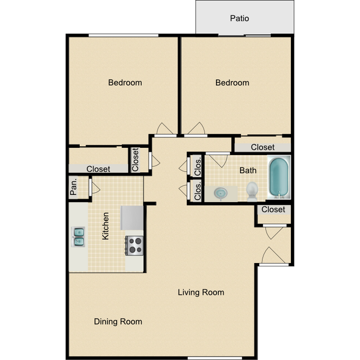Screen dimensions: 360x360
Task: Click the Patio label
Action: click(239, 18)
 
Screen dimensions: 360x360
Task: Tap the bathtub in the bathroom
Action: click(278, 178)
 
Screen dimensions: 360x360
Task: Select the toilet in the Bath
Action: click(252, 191)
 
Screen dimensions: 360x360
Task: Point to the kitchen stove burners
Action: click(135, 245)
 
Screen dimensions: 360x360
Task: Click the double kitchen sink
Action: click(79, 236)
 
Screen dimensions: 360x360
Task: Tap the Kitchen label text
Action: click(105, 226)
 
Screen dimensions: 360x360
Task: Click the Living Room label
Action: click(200, 292)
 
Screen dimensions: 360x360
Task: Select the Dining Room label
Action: click(117, 321)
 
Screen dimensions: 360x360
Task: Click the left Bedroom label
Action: click(125, 83)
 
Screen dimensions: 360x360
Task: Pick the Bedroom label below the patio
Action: click(232, 83)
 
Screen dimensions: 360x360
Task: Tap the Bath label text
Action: click(248, 171)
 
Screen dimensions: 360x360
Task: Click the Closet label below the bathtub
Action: click(273, 209)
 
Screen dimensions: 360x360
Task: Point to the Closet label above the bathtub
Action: click(263, 147)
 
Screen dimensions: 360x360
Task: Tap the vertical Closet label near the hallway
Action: click(136, 160)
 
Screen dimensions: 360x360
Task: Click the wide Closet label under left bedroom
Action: click(98, 169)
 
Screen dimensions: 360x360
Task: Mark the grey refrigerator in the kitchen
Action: click(132, 217)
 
